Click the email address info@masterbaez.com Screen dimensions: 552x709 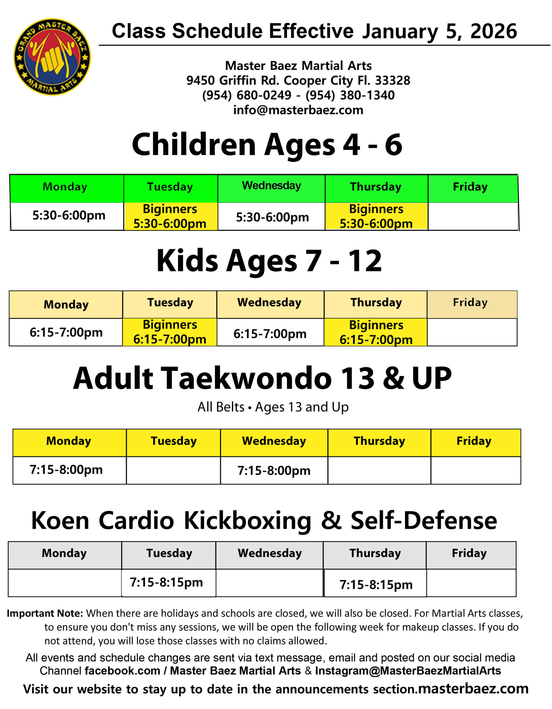298,110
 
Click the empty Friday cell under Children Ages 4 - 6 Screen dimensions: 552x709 473,216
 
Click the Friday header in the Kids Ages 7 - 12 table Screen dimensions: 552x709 472,304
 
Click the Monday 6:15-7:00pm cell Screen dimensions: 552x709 66,332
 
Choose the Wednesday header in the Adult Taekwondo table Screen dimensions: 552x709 274,443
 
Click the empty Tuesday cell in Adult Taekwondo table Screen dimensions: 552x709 173,470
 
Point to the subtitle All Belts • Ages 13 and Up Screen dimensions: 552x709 273,407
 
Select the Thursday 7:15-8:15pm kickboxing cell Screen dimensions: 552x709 375,583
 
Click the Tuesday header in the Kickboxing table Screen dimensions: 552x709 169,555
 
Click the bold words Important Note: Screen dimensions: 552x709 45,613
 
